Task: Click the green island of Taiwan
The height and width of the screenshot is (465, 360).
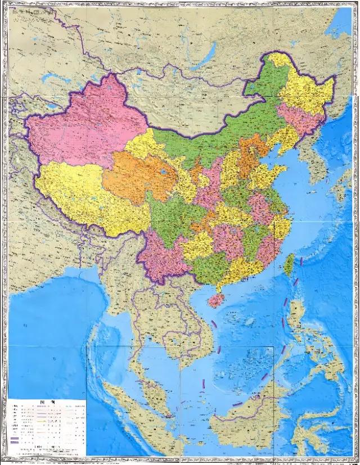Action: tap(289, 264)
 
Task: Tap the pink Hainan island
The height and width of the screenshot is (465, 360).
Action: tap(215, 301)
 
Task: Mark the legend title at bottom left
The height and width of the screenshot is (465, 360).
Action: tap(47, 403)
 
